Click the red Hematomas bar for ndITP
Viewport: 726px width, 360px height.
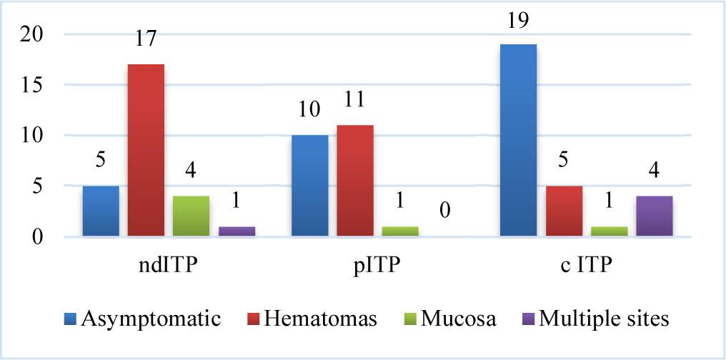146,150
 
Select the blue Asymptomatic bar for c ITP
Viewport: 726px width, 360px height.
518,140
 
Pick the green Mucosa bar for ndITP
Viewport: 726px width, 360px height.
192,216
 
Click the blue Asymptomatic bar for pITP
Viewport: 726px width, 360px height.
310,186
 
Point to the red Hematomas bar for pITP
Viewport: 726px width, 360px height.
355,181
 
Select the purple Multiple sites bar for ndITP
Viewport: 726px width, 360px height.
237,231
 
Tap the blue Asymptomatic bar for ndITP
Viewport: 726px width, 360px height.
101,211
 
